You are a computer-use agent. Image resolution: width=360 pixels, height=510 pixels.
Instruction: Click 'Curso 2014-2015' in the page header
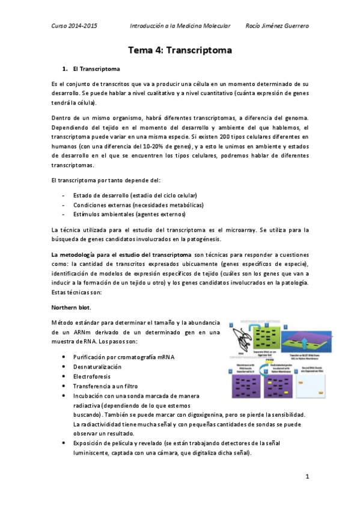coord(74,26)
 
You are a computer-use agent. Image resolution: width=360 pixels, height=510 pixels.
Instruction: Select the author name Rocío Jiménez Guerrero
coord(278,26)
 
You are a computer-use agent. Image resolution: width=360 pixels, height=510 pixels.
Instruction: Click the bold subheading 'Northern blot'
coord(70,307)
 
